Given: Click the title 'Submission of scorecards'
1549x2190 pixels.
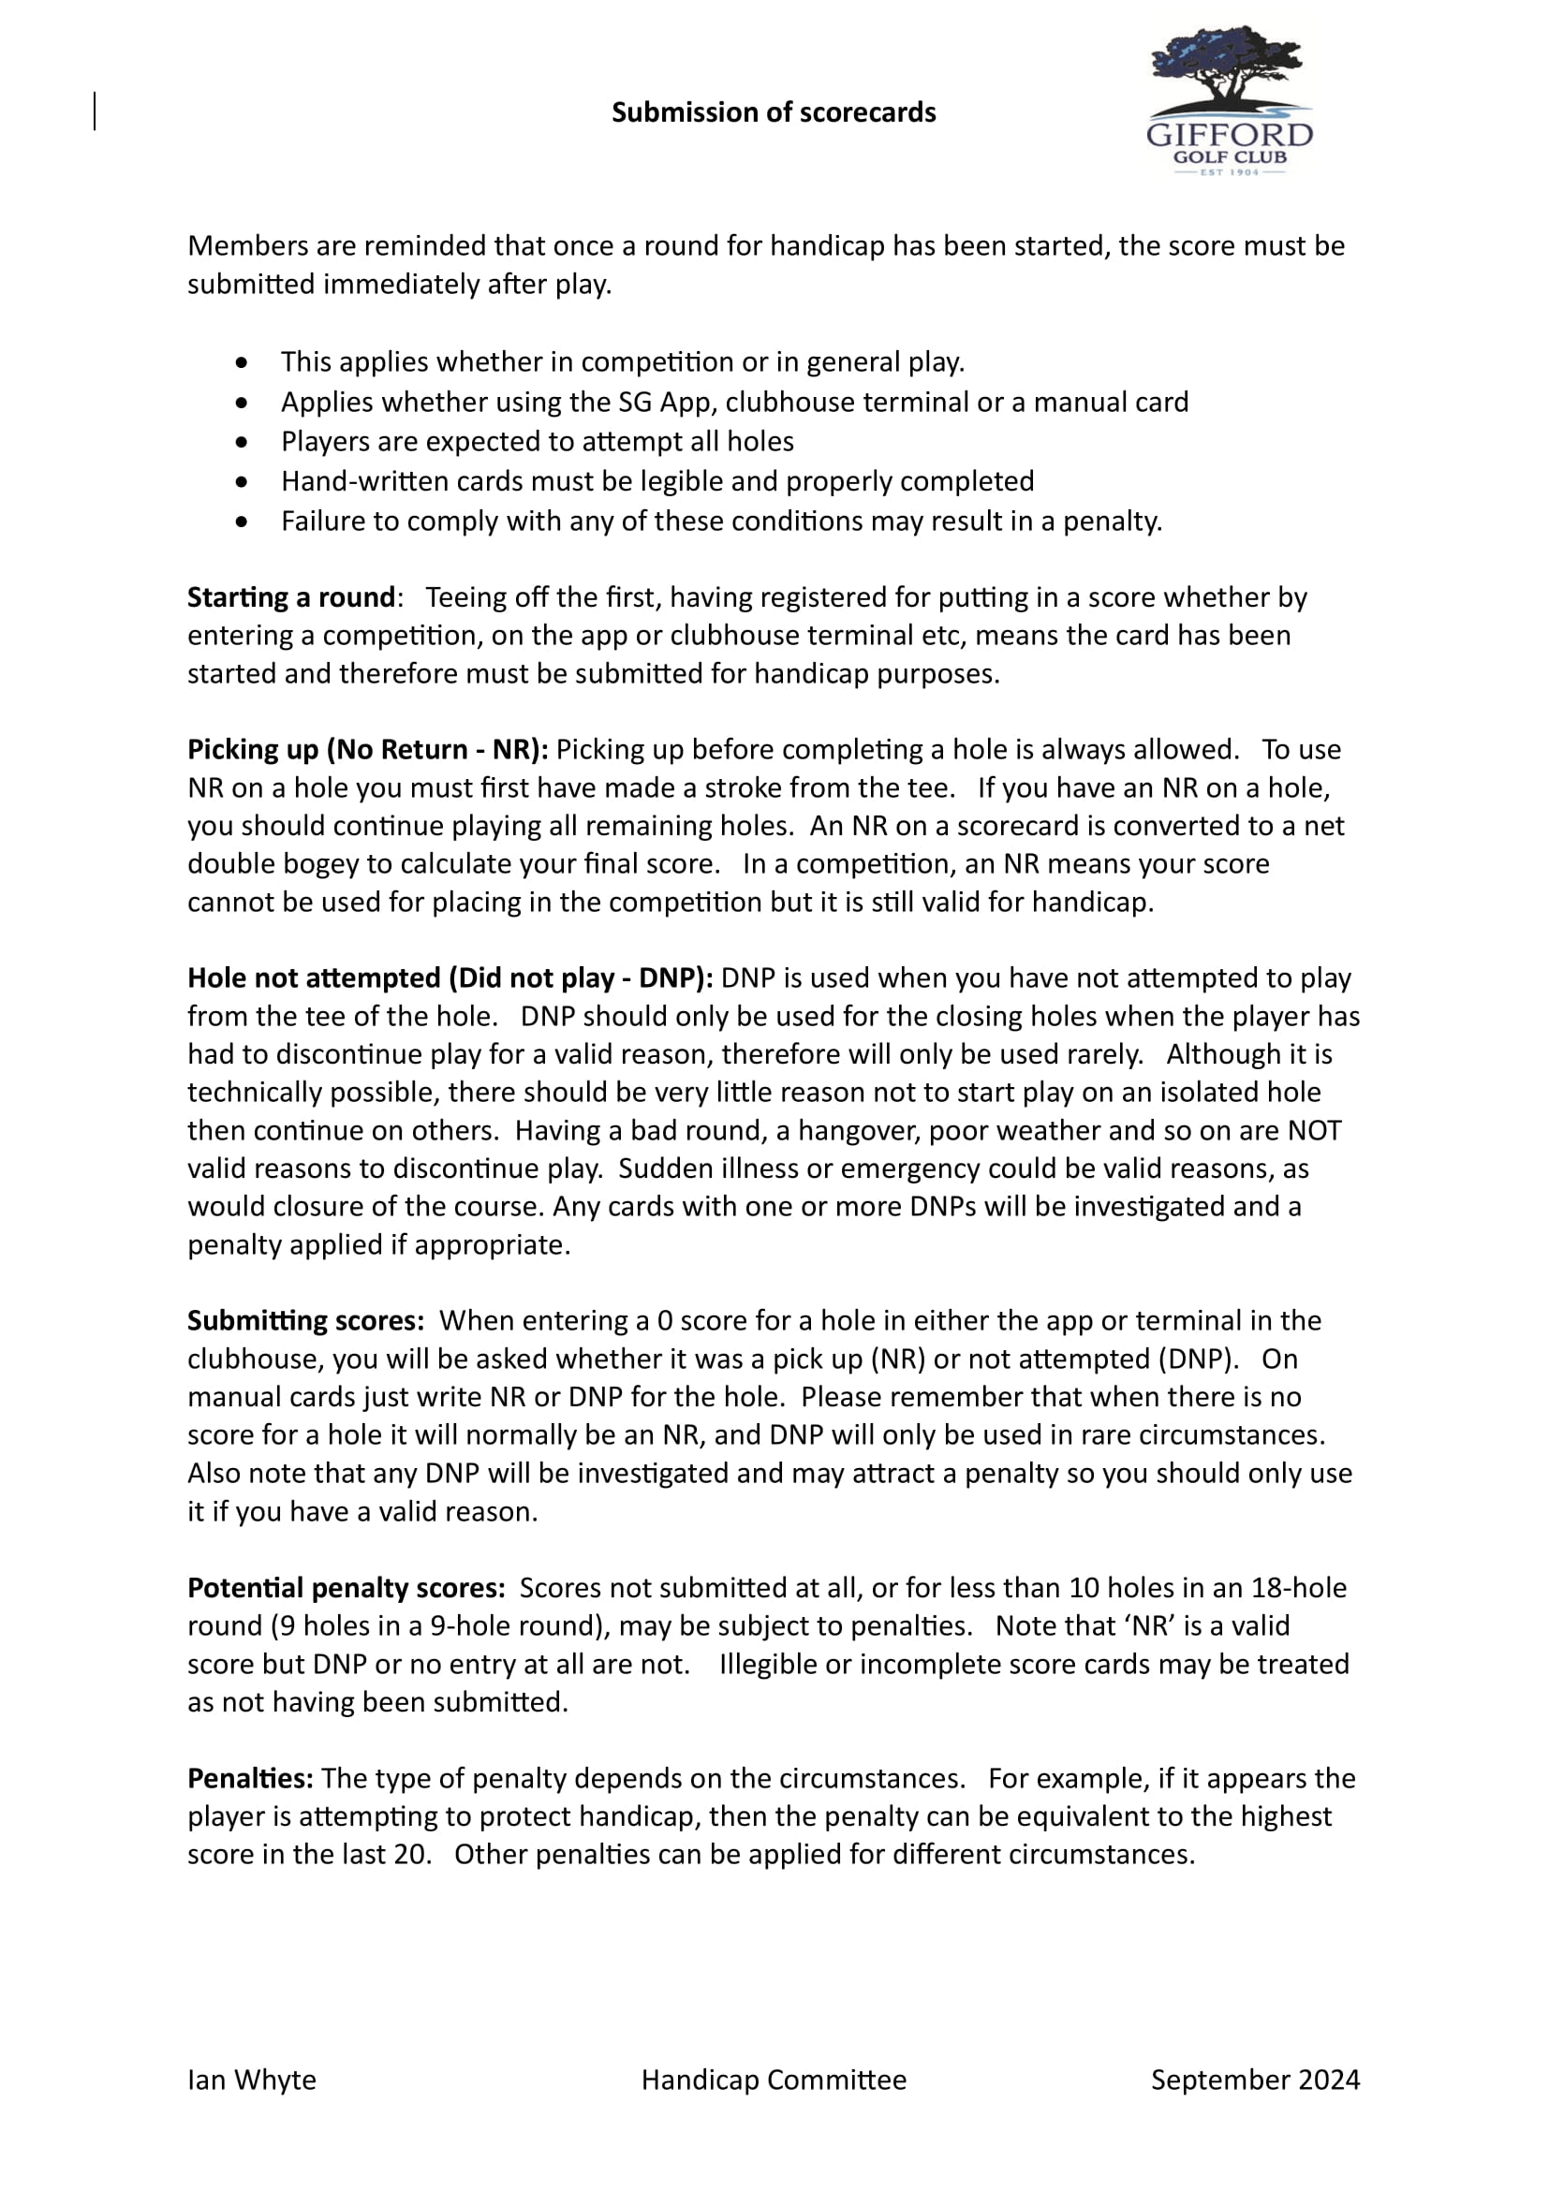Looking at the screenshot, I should click(774, 112).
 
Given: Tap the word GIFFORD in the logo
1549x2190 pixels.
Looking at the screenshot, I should click(1230, 135).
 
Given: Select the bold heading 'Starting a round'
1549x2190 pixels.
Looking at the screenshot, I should click(291, 597).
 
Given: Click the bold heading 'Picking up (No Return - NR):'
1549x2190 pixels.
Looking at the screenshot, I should click(367, 750).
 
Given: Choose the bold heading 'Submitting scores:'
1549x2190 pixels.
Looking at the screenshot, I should click(305, 1321).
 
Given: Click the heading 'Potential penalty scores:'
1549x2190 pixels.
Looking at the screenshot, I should click(347, 1588).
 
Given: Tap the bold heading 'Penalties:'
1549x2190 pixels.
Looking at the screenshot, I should click(250, 1779).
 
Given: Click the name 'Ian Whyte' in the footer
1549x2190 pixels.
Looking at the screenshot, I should click(252, 2080).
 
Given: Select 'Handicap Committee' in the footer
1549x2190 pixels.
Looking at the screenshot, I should click(774, 2080).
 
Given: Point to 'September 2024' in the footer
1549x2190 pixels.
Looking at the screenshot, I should click(1255, 2080).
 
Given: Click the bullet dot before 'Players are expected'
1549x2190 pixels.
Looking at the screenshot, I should click(243, 443).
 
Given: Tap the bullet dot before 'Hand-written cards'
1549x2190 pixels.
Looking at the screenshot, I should click(243, 482).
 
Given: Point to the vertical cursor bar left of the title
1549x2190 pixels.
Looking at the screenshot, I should click(96, 110).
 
